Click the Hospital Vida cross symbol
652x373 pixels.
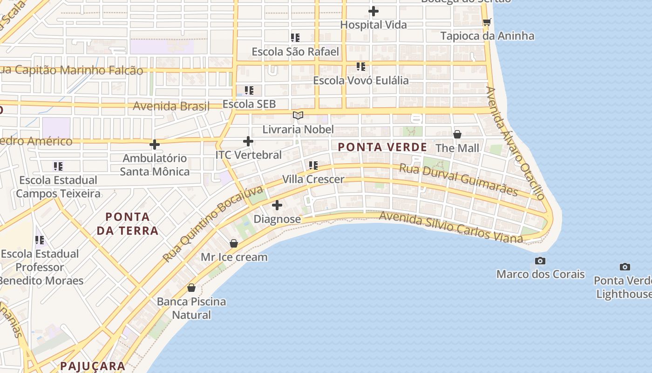(373, 11)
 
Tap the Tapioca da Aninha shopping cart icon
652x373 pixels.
(487, 22)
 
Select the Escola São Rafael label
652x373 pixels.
(295, 52)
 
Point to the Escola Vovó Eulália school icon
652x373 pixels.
(360, 67)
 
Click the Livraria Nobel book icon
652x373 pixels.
(298, 115)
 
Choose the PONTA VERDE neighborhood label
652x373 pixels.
(382, 147)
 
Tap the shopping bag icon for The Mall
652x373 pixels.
(457, 134)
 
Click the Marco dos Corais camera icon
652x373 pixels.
(540, 261)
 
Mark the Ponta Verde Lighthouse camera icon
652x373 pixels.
(625, 267)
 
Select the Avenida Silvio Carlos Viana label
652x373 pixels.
(451, 227)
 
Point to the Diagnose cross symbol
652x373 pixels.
(277, 205)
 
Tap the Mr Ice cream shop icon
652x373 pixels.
(234, 243)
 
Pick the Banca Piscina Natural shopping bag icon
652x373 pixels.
(191, 288)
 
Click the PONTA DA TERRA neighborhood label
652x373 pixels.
(128, 223)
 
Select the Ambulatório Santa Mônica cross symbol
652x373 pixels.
(155, 145)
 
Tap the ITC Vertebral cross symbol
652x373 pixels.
(248, 141)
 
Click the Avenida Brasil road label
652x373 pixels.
(171, 106)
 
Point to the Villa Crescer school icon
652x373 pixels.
(313, 165)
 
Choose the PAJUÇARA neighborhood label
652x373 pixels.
(93, 366)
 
